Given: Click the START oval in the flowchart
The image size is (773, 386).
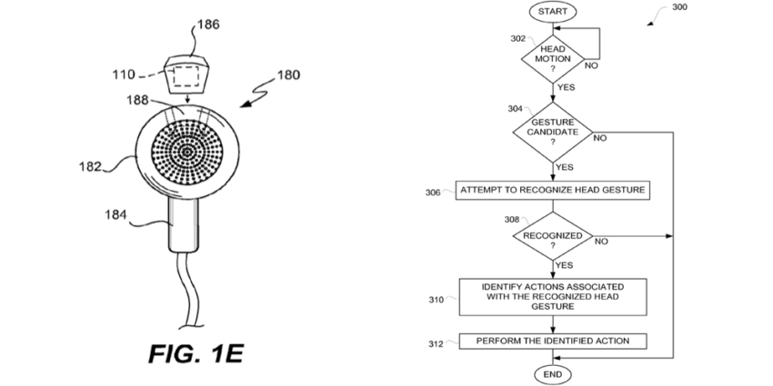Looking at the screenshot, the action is tap(553, 12).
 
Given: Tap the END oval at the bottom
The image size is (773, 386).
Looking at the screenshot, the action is tap(553, 375).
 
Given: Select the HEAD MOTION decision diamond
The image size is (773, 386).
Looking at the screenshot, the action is tap(553, 59).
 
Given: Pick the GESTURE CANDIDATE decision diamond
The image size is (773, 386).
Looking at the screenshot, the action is tap(553, 133).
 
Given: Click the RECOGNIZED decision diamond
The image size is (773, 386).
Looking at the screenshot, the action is tap(553, 236).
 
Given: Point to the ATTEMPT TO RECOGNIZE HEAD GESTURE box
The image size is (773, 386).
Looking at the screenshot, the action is tap(553, 190).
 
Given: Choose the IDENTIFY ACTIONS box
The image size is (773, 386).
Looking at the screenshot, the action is tap(553, 297).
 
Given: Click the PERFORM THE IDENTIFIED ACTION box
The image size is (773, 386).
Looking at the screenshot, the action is tap(553, 341).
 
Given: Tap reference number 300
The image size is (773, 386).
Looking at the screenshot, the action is tap(679, 7).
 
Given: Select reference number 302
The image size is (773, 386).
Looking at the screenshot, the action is tap(517, 39).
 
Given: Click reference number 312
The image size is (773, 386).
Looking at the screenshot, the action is tap(436, 344).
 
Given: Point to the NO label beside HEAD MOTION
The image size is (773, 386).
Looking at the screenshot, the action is tap(591, 65).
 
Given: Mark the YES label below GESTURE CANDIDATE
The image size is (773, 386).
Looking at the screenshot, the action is tap(565, 167).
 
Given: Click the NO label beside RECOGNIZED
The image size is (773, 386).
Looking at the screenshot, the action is tap(601, 242).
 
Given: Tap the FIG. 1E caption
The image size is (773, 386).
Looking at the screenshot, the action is tap(196, 354).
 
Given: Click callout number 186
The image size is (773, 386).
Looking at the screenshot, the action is tap(208, 25).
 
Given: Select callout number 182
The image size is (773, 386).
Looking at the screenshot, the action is tap(90, 166).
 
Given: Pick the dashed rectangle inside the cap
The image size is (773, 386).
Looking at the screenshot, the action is tap(185, 76).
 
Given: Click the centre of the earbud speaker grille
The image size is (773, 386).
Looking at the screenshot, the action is tap(186, 153).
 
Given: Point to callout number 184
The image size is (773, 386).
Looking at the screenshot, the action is tap(115, 214).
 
